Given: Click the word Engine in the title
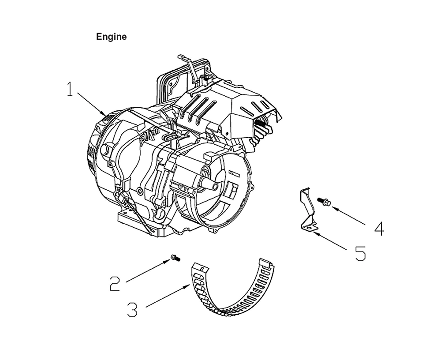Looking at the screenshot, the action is click(x=111, y=37).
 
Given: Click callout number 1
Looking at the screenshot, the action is click(x=70, y=89).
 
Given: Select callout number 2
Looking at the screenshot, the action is click(x=115, y=283).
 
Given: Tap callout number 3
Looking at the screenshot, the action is click(x=132, y=309).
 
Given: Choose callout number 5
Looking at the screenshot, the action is click(x=360, y=253).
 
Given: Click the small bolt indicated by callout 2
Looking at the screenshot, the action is click(x=175, y=258).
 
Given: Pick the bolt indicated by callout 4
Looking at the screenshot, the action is click(x=324, y=202).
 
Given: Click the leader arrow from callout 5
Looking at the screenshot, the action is click(x=330, y=241).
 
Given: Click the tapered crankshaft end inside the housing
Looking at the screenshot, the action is click(x=210, y=184).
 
